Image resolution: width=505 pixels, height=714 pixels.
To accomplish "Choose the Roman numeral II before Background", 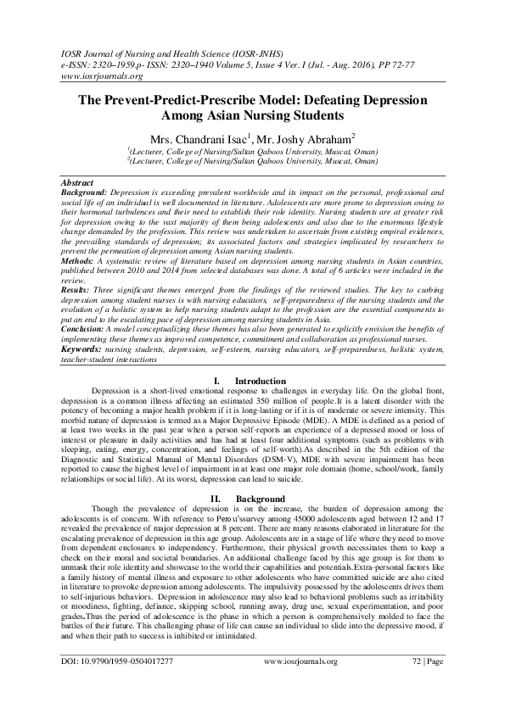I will click(x=218, y=499).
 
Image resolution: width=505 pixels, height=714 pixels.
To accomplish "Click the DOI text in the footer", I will click(x=118, y=685).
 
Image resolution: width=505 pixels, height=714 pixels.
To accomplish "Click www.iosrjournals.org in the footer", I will click(x=300, y=685).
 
